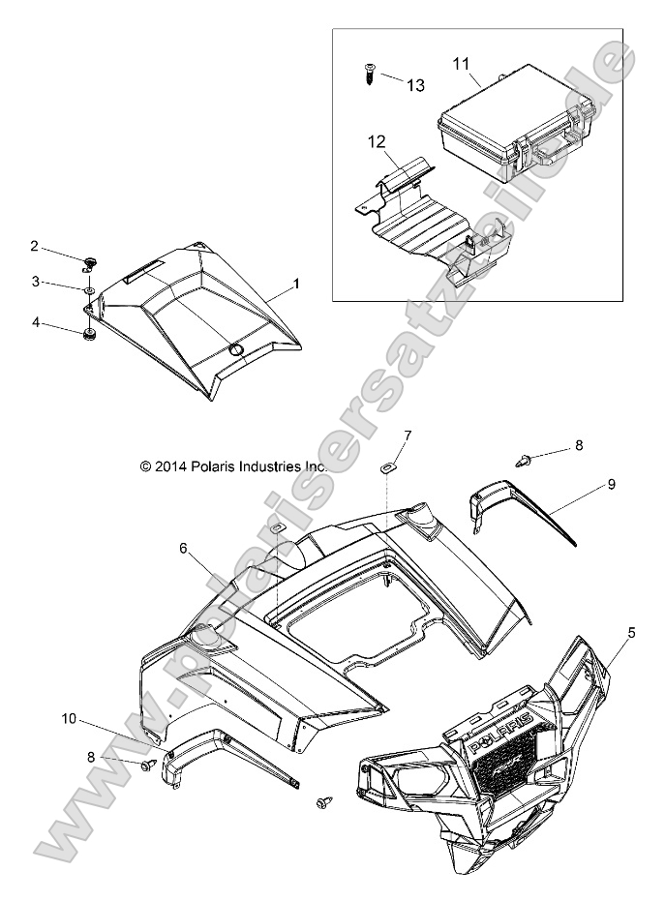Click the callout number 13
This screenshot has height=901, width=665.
(415, 85)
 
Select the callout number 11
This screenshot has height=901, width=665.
(463, 63)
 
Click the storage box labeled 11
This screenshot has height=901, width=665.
(504, 122)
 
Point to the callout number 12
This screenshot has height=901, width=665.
(377, 141)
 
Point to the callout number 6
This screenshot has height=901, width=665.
(183, 548)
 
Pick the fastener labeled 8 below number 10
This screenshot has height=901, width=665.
(149, 766)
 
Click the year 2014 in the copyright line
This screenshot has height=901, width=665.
(171, 466)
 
